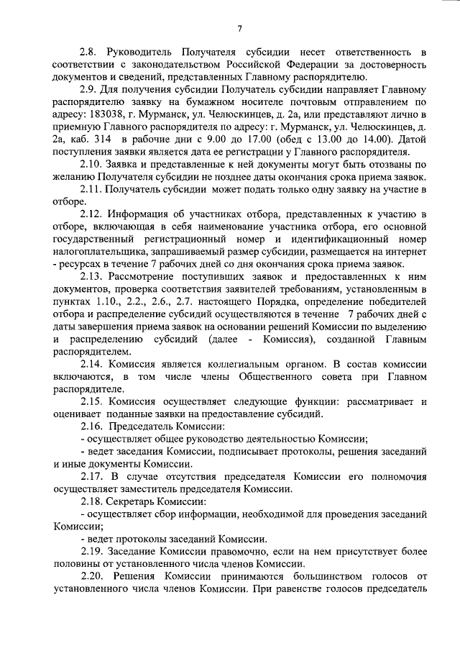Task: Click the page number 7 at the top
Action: coord(239,28)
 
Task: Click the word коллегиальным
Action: coord(221,365)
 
